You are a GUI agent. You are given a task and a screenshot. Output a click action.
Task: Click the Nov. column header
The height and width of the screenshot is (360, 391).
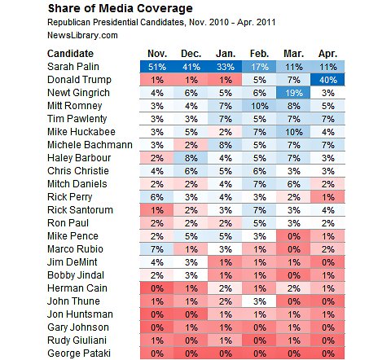point(156,52)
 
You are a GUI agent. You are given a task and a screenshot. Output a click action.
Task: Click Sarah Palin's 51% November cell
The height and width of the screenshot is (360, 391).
point(156,67)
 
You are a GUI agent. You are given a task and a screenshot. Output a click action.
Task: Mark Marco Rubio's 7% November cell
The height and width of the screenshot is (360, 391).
point(156,247)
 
